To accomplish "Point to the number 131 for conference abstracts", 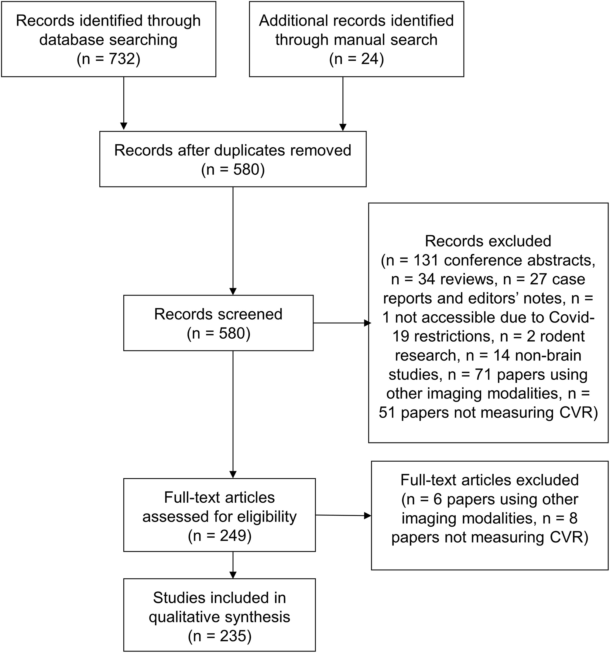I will click(425, 260).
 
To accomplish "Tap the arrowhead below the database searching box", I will click(124, 126).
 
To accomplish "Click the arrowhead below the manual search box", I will click(343, 127).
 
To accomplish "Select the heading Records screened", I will click(218, 314).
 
